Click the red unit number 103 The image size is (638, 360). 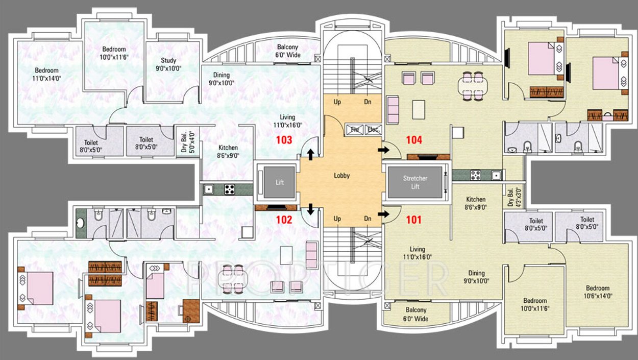click(284, 139)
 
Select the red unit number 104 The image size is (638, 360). click(413, 139)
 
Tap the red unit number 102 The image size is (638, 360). click(284, 220)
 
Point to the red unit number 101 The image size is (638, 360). click(413, 220)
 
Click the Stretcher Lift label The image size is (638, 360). click(415, 182)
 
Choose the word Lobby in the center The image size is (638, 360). click(341, 176)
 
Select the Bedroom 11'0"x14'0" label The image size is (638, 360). click(46, 74)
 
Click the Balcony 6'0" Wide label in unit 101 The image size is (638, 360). click(416, 315)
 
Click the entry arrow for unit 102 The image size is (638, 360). click(310, 209)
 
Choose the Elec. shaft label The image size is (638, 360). click(373, 130)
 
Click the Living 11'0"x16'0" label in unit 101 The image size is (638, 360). click(418, 253)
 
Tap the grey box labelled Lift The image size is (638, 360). click(279, 182)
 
